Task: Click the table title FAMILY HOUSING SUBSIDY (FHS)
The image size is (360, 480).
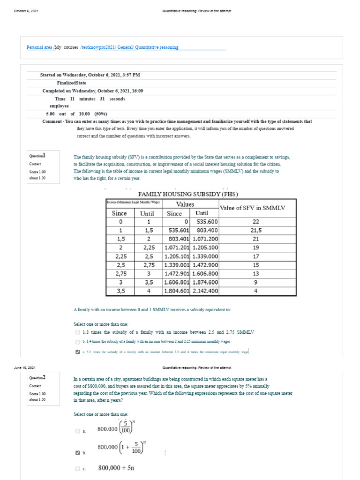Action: (x=187, y=194)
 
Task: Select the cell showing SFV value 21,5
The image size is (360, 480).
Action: (x=256, y=230)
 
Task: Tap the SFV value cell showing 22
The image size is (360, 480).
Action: (x=256, y=222)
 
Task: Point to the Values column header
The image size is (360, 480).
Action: (x=185, y=204)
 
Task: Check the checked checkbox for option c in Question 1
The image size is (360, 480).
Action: (x=77, y=352)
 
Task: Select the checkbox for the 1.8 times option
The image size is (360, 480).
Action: (x=77, y=332)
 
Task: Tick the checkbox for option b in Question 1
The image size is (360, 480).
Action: (x=77, y=342)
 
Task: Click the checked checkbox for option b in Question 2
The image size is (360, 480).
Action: (x=77, y=453)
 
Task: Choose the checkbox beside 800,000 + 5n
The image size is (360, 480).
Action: (x=77, y=468)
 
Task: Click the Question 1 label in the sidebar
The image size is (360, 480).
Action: (x=37, y=156)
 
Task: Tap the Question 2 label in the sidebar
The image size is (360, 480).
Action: (x=37, y=378)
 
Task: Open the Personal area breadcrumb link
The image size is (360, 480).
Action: (x=39, y=47)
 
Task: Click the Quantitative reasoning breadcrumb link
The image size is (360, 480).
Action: (x=157, y=47)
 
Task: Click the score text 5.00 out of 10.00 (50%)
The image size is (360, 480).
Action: (x=76, y=114)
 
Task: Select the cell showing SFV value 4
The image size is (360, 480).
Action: (x=256, y=291)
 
